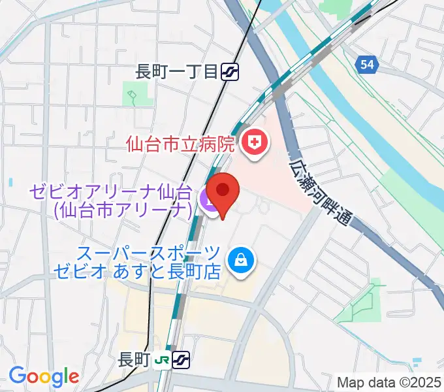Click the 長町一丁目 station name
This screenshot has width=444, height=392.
tap(176, 71)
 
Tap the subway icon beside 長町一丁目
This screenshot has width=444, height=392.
tap(229, 71)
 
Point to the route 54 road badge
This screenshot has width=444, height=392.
tap(368, 63)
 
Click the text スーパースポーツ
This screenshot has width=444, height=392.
tap(149, 252)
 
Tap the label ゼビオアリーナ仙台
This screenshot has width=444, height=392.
tap(109, 192)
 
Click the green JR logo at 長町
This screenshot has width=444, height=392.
tap(163, 359)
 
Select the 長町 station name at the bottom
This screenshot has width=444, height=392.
tap(135, 359)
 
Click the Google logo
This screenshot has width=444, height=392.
tap(44, 377)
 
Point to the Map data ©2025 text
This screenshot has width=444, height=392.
tap(388, 382)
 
